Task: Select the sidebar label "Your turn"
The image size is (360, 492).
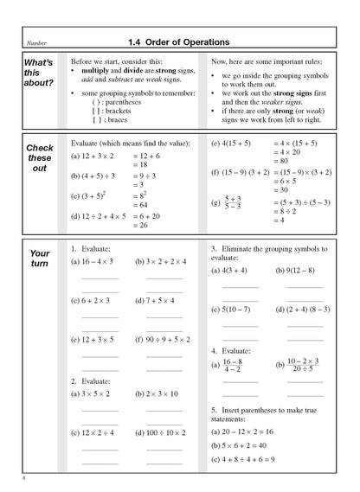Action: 40,257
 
